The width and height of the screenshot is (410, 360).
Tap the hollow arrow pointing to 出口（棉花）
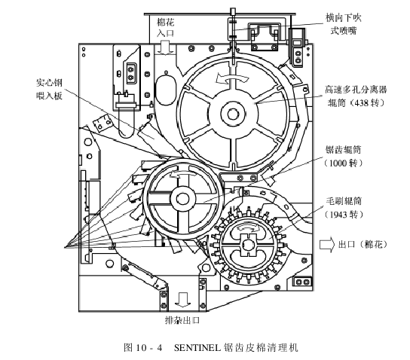click(x=326, y=243)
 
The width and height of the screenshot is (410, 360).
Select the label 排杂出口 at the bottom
click(x=182, y=319)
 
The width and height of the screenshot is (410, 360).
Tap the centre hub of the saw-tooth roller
click(x=182, y=199)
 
